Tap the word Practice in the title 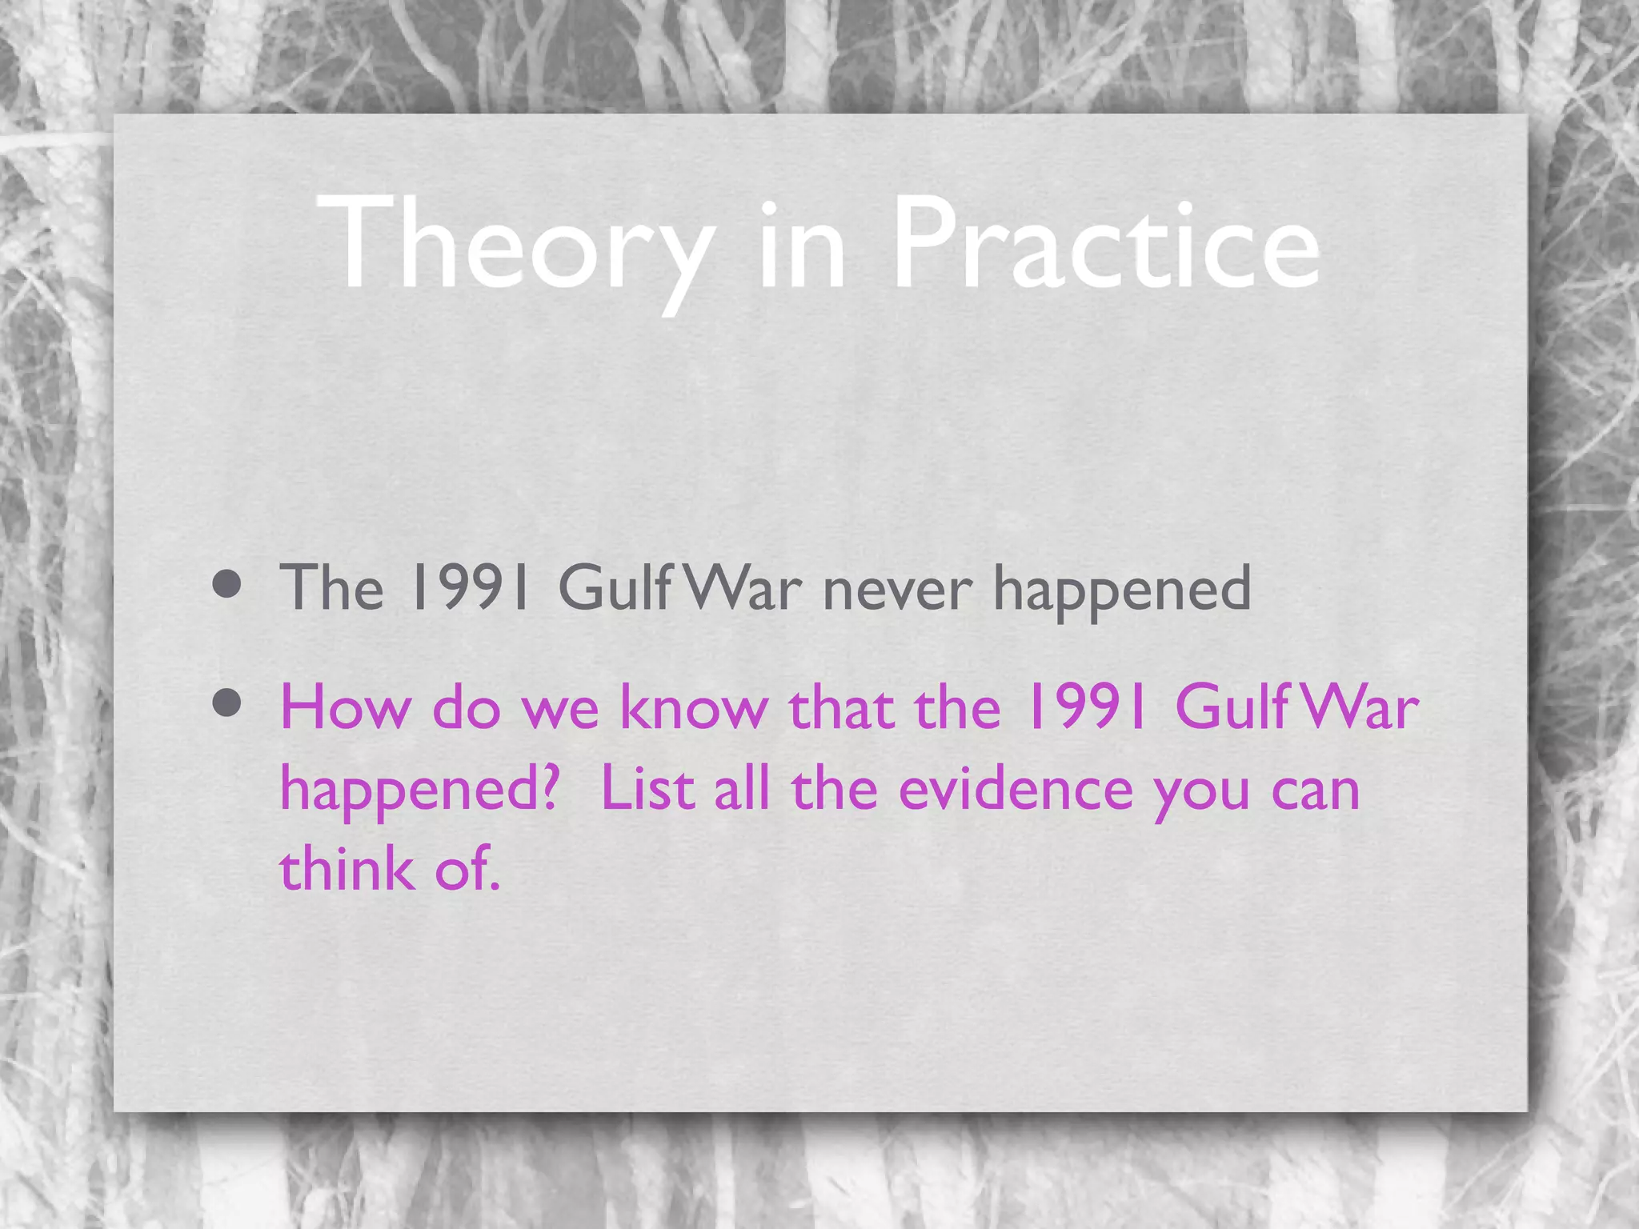(1105, 244)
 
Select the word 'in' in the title (800, 244)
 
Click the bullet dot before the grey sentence (227, 584)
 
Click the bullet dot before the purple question (227, 703)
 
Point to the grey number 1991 (468, 588)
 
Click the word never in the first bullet (897, 590)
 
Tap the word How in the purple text (345, 707)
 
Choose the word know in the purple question (694, 707)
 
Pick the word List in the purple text (647, 788)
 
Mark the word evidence (1016, 788)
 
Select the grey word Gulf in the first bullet (615, 588)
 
